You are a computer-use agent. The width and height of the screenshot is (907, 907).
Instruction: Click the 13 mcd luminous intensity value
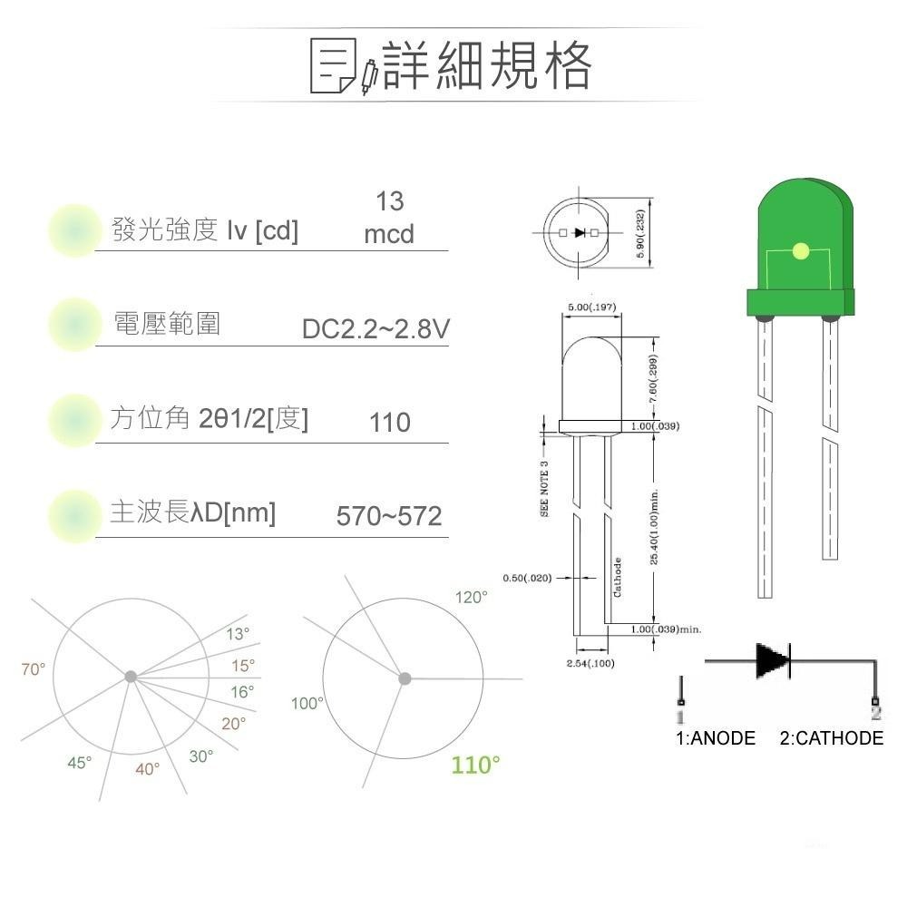[389, 218]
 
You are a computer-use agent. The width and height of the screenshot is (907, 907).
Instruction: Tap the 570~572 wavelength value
[389, 516]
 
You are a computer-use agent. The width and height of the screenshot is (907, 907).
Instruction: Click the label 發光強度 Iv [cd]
[204, 230]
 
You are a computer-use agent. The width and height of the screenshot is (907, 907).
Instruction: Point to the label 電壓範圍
[166, 323]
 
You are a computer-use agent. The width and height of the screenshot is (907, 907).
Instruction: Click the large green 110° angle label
[476, 765]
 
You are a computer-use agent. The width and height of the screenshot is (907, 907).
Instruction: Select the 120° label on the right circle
[471, 598]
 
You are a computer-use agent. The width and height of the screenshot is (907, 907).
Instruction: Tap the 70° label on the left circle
[34, 669]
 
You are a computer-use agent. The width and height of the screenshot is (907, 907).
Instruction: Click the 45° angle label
[80, 763]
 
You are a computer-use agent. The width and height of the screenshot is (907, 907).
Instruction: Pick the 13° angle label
[238, 634]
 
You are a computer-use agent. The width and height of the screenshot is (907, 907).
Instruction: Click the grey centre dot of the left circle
[131, 677]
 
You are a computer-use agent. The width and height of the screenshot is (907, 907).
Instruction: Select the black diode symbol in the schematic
[773, 660]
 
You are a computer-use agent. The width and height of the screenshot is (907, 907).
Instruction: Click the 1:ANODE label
[716, 738]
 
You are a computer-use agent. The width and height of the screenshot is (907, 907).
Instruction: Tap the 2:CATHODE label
[831, 738]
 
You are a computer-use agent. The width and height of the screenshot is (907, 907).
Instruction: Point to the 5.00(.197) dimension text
[591, 307]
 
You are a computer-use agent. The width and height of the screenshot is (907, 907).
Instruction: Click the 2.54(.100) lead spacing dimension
[590, 664]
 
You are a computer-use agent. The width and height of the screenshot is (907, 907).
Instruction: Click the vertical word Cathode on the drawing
[618, 576]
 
